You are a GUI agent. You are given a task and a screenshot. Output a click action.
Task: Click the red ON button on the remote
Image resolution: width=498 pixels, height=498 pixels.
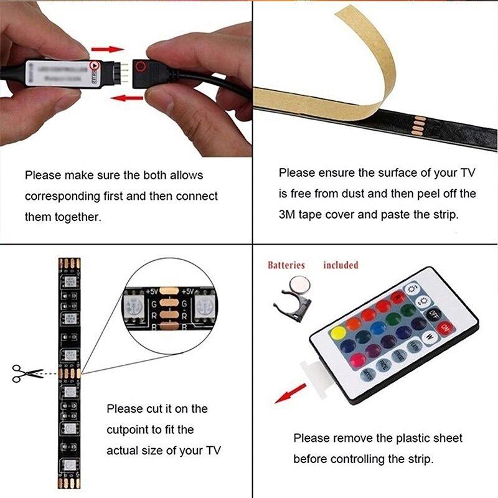(x=444, y=327)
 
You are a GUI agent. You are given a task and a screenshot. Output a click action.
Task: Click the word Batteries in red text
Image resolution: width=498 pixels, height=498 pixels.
(x=286, y=265)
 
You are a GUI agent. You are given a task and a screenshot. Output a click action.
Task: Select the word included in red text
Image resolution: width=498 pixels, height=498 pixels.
(x=341, y=265)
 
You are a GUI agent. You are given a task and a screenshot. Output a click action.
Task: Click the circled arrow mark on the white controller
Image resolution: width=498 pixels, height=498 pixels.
(x=95, y=65)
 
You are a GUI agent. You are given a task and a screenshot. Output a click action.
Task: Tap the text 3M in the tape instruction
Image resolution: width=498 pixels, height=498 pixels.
(x=288, y=215)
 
